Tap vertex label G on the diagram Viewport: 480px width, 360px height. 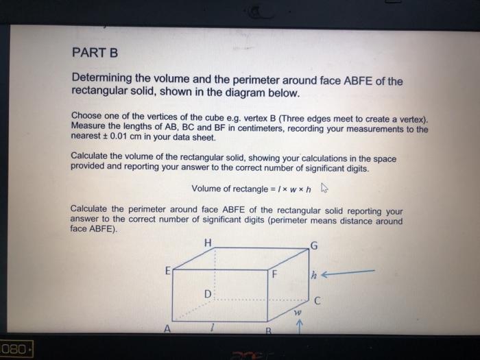315,245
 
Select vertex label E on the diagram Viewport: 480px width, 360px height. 167,271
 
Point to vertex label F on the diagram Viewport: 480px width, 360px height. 274,277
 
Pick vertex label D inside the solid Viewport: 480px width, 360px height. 207,293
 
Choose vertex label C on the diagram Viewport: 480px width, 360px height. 317,299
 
